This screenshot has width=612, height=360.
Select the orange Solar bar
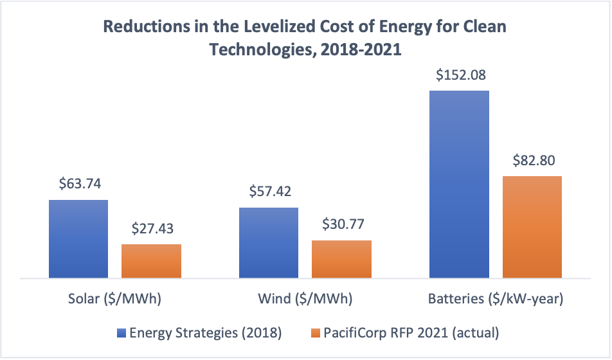151,261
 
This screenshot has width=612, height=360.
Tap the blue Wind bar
268,243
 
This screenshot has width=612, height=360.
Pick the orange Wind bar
341,259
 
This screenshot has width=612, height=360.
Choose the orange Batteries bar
532,227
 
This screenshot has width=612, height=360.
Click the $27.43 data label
152,229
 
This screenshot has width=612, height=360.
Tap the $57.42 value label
269,192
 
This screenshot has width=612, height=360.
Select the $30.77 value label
341,225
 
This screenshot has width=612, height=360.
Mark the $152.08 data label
460,75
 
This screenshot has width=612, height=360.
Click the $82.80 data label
532,160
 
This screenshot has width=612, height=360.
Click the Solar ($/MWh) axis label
115,300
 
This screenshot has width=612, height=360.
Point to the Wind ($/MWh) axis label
305,300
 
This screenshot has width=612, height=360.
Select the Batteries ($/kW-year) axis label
496,300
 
